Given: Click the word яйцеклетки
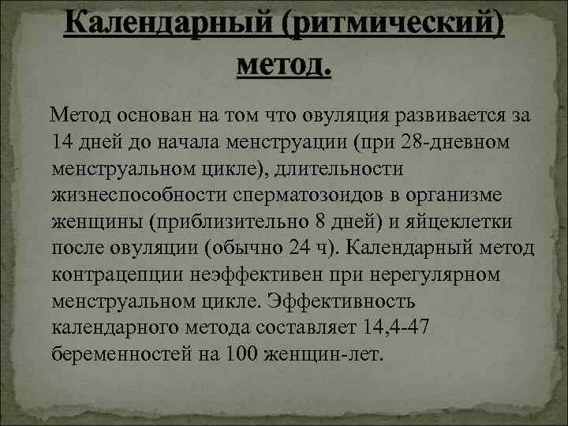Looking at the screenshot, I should pos(471,222).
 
